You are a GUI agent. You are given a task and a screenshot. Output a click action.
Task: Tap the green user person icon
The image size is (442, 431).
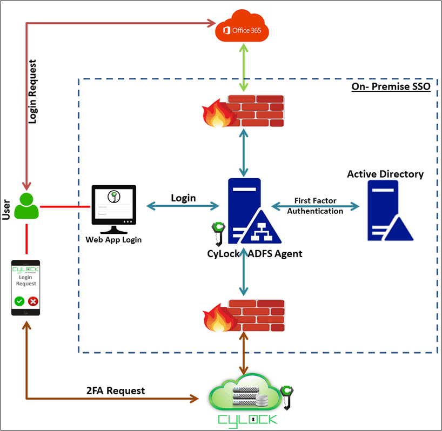pos(26,205)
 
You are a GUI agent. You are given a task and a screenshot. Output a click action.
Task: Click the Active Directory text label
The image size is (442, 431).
pos(385,174)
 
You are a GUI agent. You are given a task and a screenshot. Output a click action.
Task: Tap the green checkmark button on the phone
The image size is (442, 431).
pos(19,301)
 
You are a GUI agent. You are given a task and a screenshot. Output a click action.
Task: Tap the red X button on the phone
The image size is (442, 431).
pos(33,301)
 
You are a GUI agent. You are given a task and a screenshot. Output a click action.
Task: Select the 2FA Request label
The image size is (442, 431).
pos(116,390)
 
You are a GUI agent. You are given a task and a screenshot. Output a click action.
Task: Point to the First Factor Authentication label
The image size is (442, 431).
pos(315,206)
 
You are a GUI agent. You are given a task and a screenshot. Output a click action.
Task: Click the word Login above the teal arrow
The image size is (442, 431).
pos(183,198)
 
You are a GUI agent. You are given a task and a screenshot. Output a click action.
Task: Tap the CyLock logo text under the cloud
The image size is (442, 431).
pos(247,420)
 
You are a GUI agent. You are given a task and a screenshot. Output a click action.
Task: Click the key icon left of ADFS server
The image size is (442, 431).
pos(217,233)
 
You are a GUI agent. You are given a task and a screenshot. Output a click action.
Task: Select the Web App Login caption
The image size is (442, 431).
pos(113,239)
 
